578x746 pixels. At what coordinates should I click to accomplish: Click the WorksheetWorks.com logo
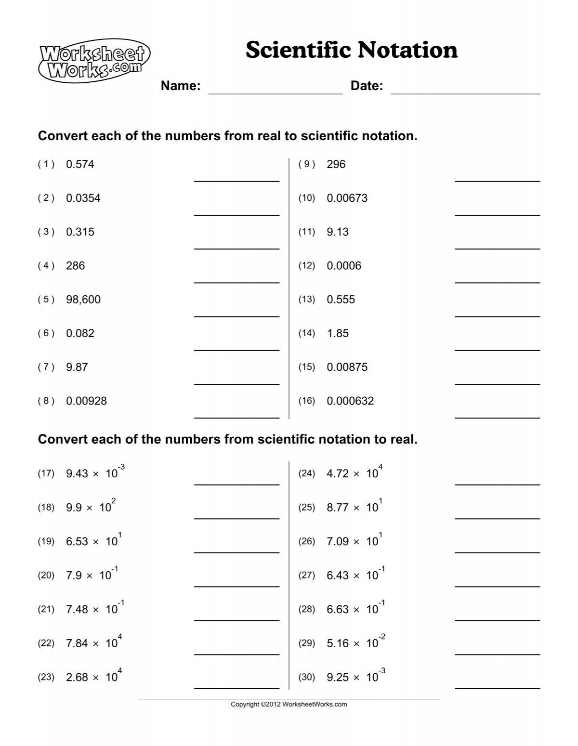point(94,59)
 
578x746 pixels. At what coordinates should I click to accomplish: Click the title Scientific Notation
point(351,50)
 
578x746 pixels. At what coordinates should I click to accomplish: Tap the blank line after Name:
point(275,92)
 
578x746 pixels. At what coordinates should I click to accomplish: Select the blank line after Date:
point(465,92)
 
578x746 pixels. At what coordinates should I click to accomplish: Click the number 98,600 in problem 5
point(83,300)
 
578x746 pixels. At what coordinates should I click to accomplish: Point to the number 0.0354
point(83,198)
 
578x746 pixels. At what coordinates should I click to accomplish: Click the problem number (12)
point(306,266)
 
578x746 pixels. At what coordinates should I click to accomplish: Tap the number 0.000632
point(350,401)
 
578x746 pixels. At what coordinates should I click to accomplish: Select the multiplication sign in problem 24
point(356,474)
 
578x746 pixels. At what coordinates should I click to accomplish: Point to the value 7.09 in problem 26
point(337,542)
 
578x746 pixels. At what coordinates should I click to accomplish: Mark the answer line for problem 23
point(236,688)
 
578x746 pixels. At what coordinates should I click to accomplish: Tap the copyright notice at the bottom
point(289,704)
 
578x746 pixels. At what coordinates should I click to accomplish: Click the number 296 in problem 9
point(336,165)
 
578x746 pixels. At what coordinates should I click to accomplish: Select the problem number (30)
point(306,678)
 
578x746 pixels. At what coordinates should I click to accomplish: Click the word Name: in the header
point(181,86)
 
